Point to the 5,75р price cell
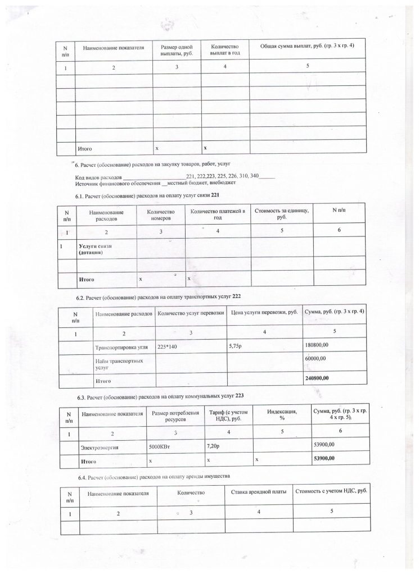click(x=235, y=345)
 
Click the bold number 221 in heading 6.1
click(x=214, y=195)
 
